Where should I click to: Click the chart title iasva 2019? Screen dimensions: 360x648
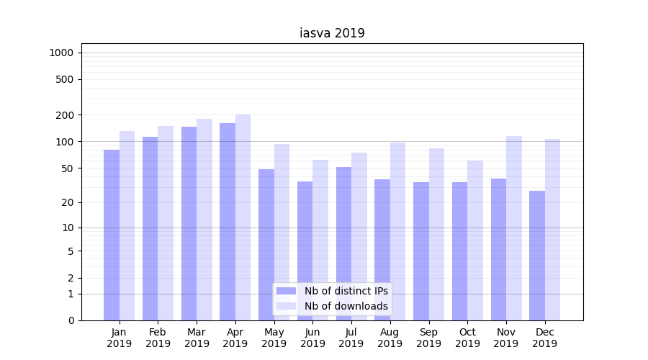pos(332,33)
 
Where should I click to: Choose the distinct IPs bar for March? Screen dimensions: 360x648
pos(189,223)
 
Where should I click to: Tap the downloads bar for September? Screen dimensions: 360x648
pos(436,234)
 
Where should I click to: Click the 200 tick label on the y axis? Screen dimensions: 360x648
pos(65,115)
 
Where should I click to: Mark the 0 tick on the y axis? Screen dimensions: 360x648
pos(71,320)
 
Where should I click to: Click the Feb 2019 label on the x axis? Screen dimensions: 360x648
pos(158,338)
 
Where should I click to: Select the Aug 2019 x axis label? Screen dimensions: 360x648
pos(390,338)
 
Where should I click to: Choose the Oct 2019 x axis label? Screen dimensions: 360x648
pos(467,338)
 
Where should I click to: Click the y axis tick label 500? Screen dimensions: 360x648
pos(65,79)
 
